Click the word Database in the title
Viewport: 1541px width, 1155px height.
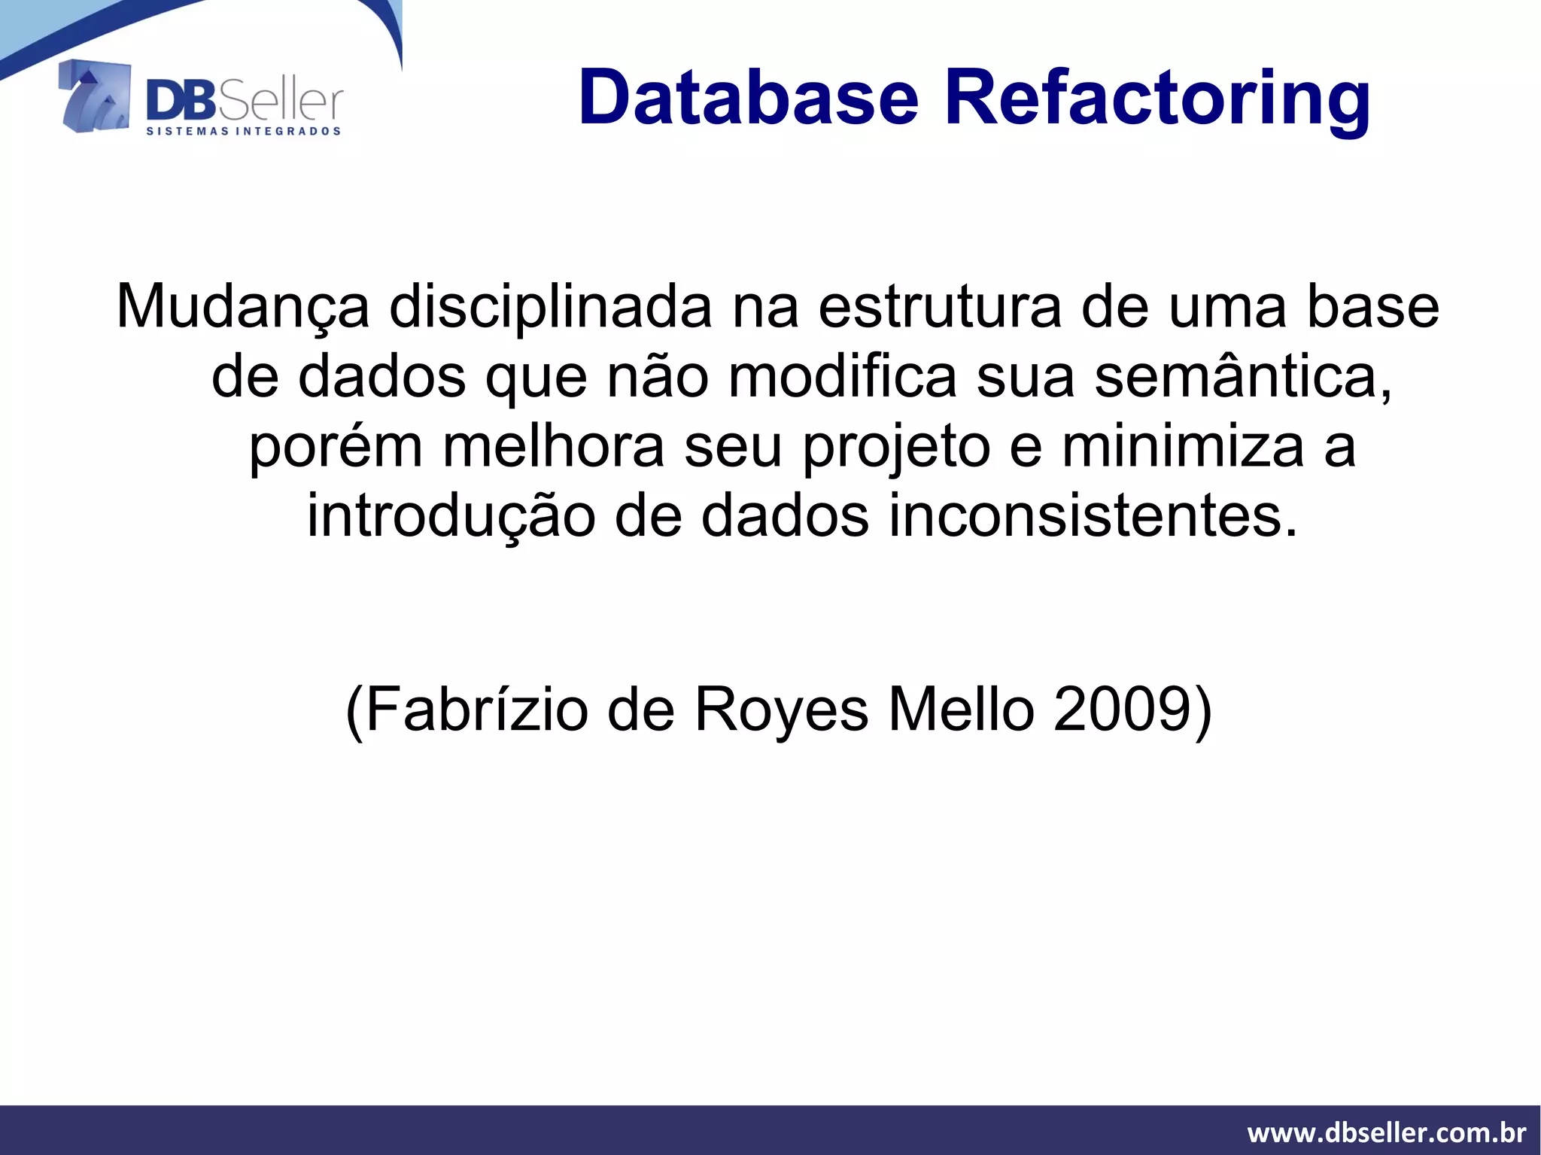[x=749, y=98]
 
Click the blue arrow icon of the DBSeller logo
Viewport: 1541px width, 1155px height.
[x=94, y=96]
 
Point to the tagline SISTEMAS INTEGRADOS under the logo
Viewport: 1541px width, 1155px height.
[x=243, y=132]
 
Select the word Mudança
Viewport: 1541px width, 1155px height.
[x=243, y=308]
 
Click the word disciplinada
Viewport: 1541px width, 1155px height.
[x=550, y=306]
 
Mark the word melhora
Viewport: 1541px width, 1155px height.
[x=553, y=446]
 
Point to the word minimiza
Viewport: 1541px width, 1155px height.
[x=1182, y=446]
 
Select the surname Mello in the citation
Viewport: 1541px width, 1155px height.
[x=961, y=710]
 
